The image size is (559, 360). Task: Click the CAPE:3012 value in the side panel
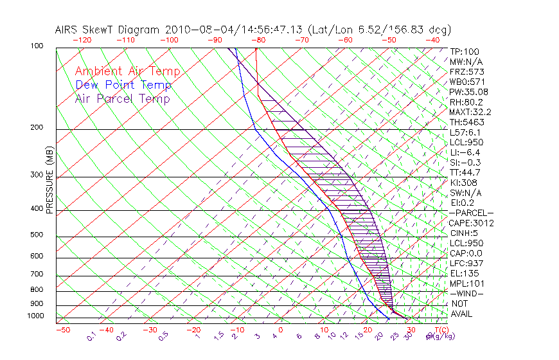(x=470, y=223)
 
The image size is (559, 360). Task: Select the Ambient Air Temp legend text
(x=127, y=72)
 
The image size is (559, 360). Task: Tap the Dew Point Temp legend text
(x=123, y=85)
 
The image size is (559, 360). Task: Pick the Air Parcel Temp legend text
(x=122, y=99)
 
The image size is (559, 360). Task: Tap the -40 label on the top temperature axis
(x=432, y=39)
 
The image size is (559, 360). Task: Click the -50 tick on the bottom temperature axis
(x=62, y=330)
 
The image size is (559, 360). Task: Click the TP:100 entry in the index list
(x=465, y=51)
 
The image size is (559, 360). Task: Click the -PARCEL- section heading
(x=471, y=213)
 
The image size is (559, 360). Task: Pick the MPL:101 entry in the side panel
(x=467, y=283)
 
